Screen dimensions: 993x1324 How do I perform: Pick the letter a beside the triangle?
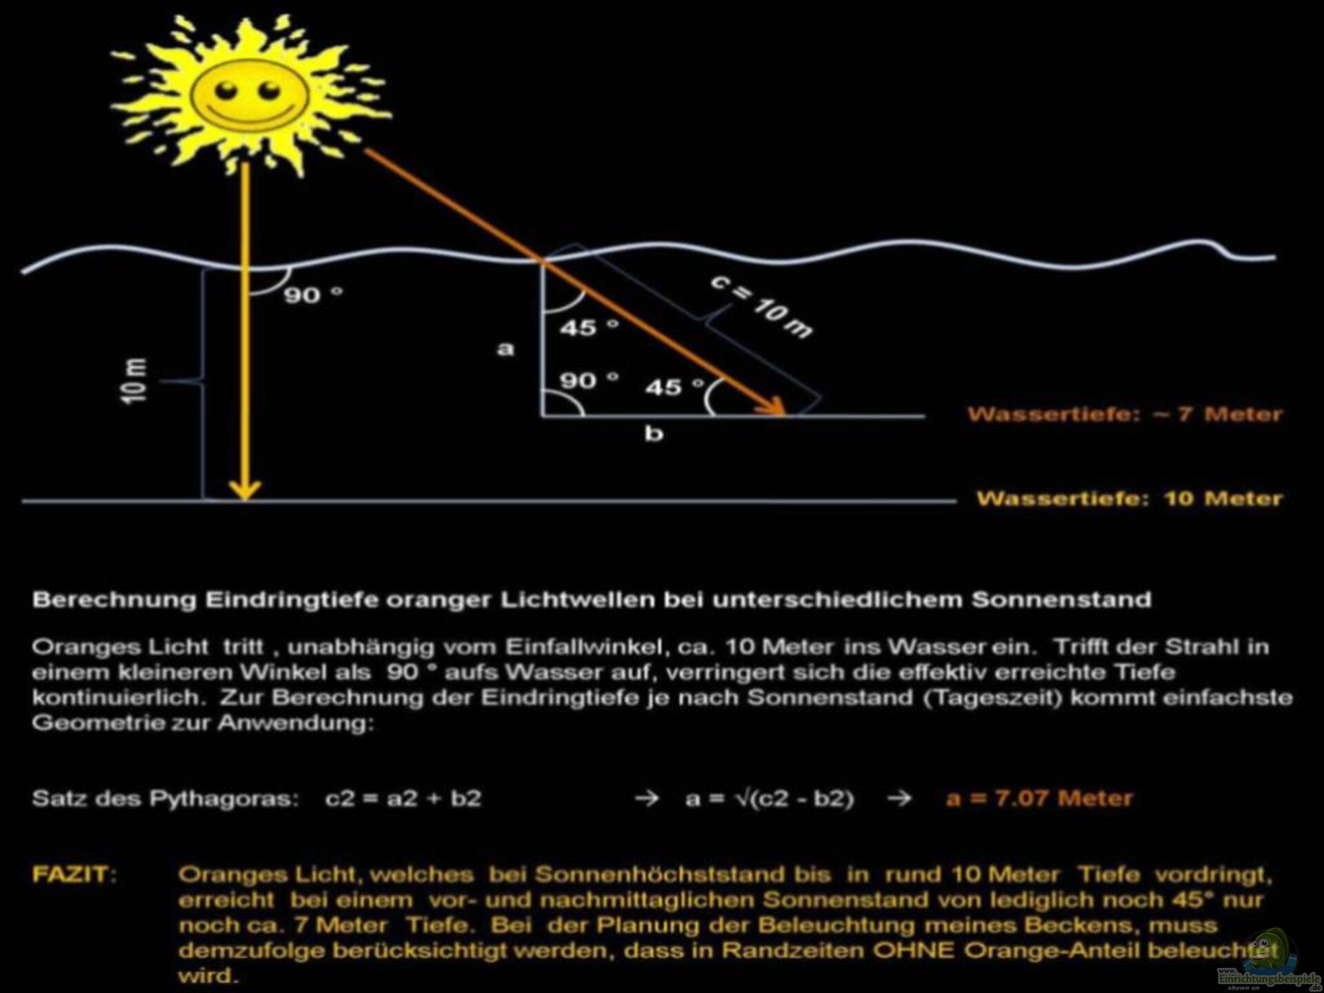click(x=505, y=349)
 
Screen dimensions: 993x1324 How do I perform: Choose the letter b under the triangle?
click(x=654, y=434)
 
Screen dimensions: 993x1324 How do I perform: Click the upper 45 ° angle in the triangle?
click(x=588, y=328)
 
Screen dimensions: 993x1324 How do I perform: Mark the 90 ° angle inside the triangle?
click(x=588, y=380)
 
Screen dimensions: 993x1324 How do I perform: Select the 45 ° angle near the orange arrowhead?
click(x=674, y=387)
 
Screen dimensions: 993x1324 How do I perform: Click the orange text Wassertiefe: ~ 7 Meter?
click(x=1125, y=414)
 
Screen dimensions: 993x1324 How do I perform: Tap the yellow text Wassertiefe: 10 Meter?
click(x=1129, y=499)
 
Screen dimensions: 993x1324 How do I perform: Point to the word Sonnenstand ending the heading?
click(x=1061, y=599)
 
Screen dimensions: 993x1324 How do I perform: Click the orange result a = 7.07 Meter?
click(x=1039, y=799)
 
